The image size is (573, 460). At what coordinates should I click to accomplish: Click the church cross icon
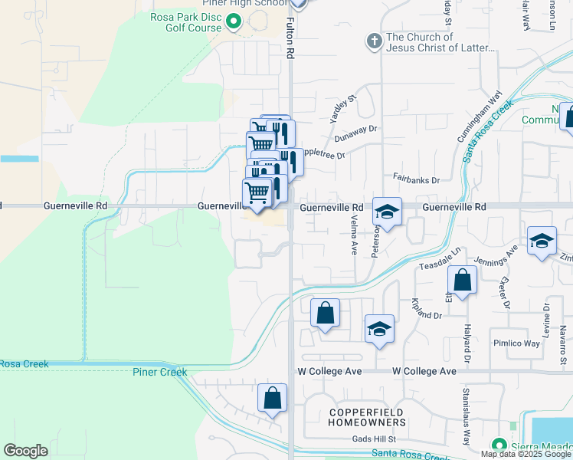(x=374, y=41)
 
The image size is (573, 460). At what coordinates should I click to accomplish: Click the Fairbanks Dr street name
(x=417, y=180)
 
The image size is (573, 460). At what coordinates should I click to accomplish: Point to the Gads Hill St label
(x=373, y=439)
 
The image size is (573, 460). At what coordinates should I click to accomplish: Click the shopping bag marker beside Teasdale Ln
(x=462, y=281)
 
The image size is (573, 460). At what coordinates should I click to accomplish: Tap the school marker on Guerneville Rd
(x=388, y=212)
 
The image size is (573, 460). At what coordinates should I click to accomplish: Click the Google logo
(x=26, y=451)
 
